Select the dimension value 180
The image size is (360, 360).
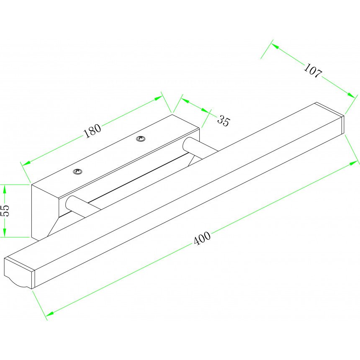92,131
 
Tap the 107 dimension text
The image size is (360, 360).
312,71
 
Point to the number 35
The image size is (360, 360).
223,121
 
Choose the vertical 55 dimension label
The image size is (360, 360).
5,211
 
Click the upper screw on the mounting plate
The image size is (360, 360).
141,139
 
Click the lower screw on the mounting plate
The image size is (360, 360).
77,171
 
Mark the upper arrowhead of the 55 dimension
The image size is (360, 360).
5,188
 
